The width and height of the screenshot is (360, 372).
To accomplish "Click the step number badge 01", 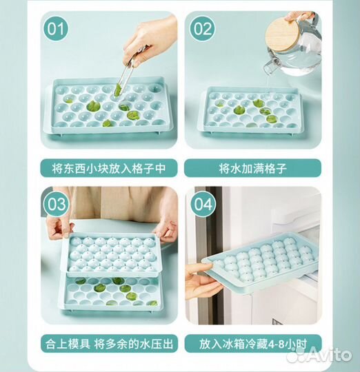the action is (56, 29).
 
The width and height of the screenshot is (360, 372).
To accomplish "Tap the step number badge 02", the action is (202, 29).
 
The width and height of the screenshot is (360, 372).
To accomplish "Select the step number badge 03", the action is (57, 204).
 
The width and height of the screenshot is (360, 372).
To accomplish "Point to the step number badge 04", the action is (203, 204).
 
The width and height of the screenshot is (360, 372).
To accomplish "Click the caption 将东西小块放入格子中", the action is (109, 169).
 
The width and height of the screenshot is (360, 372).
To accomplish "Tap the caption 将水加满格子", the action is (252, 169).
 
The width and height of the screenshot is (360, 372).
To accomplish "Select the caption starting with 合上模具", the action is (109, 344).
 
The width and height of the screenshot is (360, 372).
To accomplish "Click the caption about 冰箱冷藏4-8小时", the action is (252, 344).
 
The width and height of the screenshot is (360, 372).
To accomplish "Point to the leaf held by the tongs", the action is (118, 90).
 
